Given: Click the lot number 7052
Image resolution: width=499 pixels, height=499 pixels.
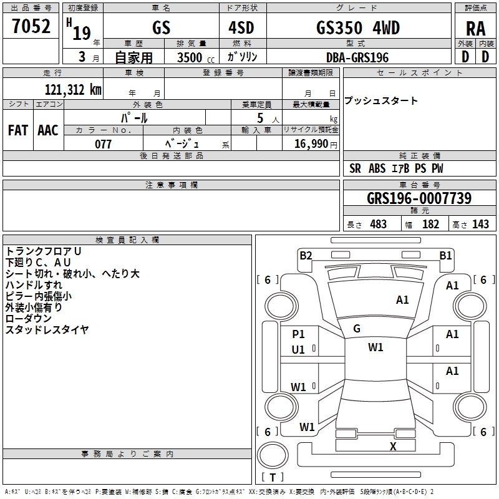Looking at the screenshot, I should (x=31, y=26).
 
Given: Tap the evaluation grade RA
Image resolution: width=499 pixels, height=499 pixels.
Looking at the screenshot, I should (x=475, y=29).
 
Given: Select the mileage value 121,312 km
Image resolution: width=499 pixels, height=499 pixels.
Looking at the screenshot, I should (x=73, y=89).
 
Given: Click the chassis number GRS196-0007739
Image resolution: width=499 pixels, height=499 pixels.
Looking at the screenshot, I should (x=419, y=198).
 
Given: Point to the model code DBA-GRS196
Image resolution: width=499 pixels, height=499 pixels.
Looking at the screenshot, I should (x=357, y=57).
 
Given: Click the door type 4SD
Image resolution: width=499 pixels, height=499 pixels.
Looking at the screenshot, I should (x=242, y=28).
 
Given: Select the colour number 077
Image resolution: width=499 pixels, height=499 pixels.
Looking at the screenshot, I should (x=103, y=144).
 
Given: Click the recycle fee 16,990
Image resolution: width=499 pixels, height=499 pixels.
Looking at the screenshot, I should (x=311, y=144).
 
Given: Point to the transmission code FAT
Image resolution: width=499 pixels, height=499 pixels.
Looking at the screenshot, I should (x=17, y=130).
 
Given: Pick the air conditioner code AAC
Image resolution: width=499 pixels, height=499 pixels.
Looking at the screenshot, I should (x=48, y=130).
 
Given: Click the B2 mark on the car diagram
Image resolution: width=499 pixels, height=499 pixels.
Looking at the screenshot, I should (x=306, y=254).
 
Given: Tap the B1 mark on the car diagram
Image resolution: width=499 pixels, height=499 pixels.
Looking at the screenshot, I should (x=445, y=254).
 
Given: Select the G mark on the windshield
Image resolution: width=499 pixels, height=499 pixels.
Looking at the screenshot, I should (x=357, y=329).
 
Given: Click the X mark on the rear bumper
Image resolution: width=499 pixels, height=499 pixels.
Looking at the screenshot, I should (x=393, y=446).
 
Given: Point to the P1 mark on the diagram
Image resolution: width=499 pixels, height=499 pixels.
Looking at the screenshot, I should (x=298, y=334).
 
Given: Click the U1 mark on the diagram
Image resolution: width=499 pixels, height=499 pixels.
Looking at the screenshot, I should (x=298, y=350).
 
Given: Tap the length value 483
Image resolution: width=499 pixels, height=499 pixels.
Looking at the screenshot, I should (x=378, y=225).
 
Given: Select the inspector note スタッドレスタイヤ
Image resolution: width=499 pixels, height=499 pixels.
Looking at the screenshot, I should (x=47, y=329).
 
